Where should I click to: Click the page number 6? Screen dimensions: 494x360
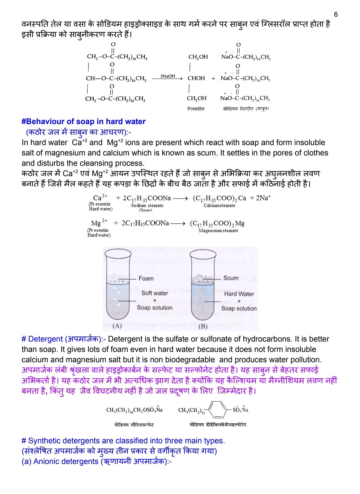coord(336,14)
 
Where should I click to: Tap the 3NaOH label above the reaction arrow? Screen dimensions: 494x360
coord(167,76)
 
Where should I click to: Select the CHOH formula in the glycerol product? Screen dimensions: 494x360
coord(196,78)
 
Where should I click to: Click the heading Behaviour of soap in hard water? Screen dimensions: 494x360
coord(84,121)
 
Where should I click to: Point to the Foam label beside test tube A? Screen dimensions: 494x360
coord(146,278)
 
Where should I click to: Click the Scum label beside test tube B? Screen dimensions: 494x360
coord(231,278)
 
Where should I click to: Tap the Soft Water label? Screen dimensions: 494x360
coord(155,293)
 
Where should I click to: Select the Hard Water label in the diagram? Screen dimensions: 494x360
coord(239,294)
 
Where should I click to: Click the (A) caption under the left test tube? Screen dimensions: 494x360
coord(117,326)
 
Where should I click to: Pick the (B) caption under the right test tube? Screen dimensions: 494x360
coord(203,326)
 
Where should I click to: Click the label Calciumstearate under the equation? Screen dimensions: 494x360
coord(219,205)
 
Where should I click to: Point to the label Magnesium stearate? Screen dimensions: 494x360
coord(218,230)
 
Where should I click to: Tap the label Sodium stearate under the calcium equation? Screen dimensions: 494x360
coord(147,205)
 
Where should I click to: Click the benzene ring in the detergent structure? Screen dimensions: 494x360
coord(218,410)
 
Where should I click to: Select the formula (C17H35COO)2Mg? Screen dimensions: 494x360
coord(217,223)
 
